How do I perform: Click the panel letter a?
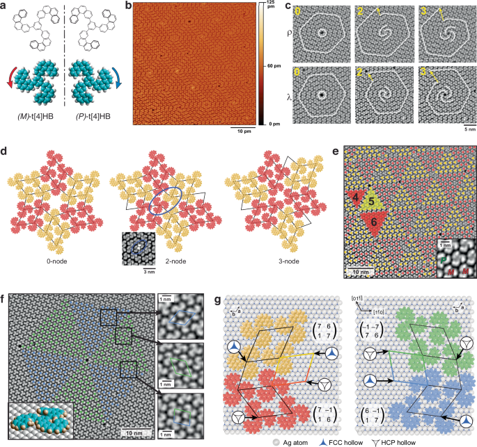coord(6,6)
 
